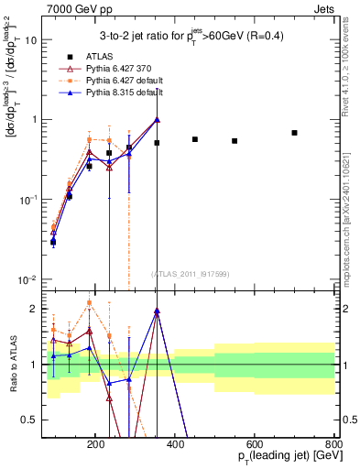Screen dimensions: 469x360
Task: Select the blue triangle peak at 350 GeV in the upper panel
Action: [x=157, y=119]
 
